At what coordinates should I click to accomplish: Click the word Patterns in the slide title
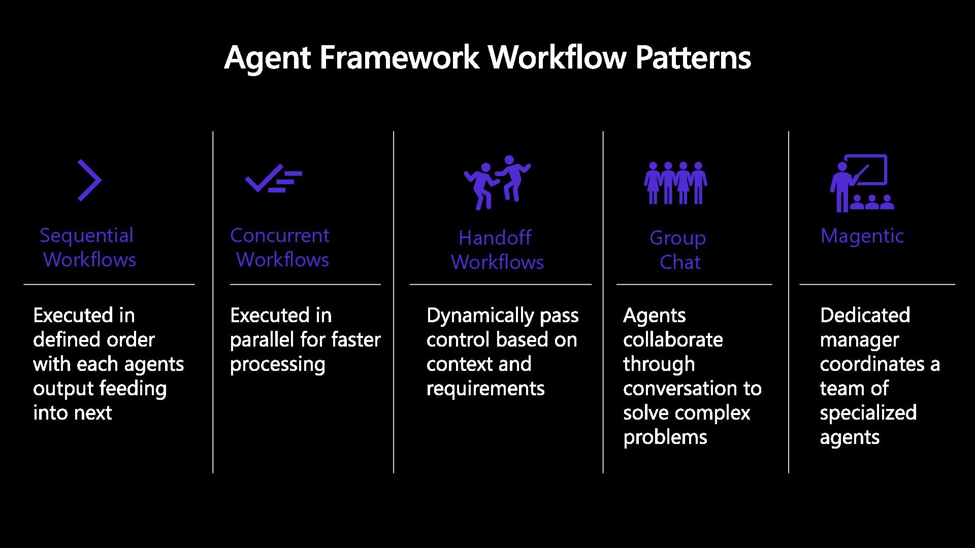point(693,57)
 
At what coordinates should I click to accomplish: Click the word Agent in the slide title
point(267,58)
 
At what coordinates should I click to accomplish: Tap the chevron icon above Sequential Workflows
point(90,180)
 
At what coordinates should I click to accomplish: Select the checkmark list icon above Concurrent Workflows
point(273,179)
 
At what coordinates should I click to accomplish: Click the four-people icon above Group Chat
point(676,183)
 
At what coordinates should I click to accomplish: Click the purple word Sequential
point(87,235)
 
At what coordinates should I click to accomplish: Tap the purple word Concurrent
point(280,235)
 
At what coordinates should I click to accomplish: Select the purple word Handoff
point(495,238)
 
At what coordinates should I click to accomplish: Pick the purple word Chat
point(680,262)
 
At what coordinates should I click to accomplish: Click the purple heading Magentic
point(862,236)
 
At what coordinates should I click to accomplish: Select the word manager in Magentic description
point(859,340)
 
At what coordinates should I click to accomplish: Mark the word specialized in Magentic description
point(868,413)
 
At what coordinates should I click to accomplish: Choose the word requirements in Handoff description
point(485,389)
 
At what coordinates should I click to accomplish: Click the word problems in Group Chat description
point(665,437)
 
